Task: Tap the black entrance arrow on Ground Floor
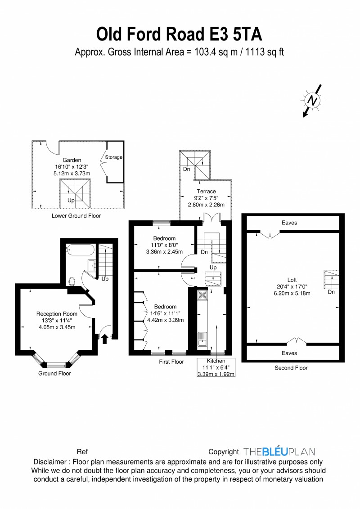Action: click(104, 339)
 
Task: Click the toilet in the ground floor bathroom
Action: click(72, 281)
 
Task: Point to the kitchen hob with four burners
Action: click(202, 295)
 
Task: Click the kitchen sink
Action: click(202, 339)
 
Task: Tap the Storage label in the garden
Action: click(113, 157)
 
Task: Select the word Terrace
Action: click(206, 192)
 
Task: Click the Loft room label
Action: click(292, 280)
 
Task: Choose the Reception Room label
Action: click(57, 314)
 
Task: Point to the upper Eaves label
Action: click(289, 223)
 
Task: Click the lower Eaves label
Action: click(289, 353)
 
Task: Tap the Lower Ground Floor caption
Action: click(76, 216)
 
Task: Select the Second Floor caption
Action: click(291, 368)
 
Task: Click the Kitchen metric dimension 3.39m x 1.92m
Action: click(216, 374)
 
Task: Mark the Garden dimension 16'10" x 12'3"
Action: click(72, 166)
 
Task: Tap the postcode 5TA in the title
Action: click(247, 35)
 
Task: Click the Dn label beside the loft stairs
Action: click(331, 292)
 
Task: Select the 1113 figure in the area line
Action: click(255, 52)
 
